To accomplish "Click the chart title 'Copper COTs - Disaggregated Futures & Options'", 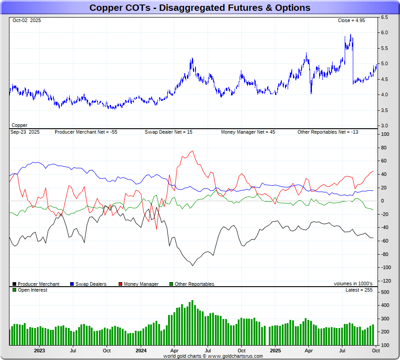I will coord(200,8).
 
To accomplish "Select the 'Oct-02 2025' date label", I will coord(27,21).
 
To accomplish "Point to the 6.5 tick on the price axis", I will coord(385,18).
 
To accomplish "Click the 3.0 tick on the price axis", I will coord(385,126).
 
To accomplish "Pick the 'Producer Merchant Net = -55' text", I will coord(86,132).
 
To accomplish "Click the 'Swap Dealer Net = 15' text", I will coord(169,132).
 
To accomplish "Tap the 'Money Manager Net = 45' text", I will coord(248,132).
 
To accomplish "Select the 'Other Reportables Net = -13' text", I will coord(328,132).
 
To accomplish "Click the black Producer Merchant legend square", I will coord(14,284).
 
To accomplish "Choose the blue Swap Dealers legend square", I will coord(72,284).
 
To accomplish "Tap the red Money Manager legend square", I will coord(120,284).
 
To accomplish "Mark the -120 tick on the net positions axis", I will coord(386,281).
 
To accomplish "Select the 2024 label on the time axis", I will coord(141,350).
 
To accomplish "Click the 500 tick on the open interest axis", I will coord(385,292).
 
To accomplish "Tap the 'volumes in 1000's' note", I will coord(353,284).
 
